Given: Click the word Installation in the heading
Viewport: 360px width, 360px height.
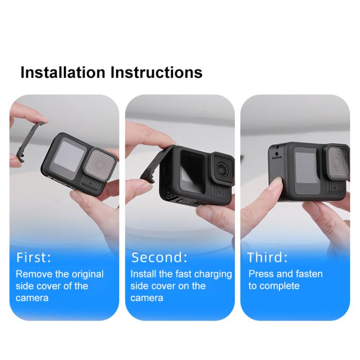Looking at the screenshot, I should [x=62, y=73].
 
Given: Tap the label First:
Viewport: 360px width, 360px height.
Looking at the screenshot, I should [x=34, y=257].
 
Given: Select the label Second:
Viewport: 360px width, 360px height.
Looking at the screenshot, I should [x=159, y=257].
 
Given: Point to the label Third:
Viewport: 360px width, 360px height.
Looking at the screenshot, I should [x=267, y=257].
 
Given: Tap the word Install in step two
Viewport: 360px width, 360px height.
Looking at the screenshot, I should [x=143, y=274].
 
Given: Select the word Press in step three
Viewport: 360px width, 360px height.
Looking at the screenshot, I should [x=260, y=274].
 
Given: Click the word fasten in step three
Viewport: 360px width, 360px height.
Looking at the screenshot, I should [x=307, y=274].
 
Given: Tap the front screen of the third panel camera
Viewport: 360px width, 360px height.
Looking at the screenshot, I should [x=306, y=168].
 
